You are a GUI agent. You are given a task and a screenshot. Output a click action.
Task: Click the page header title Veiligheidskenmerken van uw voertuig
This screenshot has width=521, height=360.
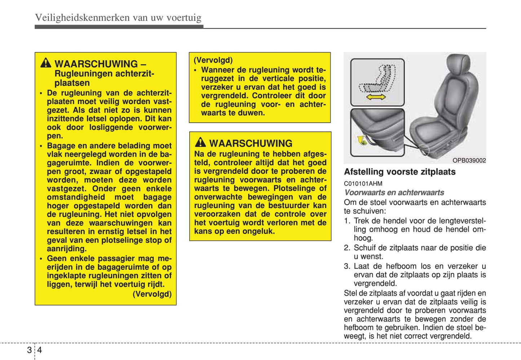pyautogui.click(x=118, y=17)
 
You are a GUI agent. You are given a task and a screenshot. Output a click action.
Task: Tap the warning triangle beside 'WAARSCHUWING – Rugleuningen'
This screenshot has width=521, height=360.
pyautogui.click(x=46, y=63)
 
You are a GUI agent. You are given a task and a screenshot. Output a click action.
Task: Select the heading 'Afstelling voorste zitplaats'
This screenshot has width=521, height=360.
pyautogui.click(x=399, y=172)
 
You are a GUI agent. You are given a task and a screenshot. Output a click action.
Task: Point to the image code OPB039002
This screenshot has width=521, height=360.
pyautogui.click(x=469, y=161)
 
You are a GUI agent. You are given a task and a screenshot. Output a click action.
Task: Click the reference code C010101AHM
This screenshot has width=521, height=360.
pyautogui.click(x=363, y=183)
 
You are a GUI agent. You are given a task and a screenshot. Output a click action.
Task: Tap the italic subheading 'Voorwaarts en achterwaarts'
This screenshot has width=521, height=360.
pyautogui.click(x=394, y=193)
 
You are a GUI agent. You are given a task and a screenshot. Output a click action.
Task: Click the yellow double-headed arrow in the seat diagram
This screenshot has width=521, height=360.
pyautogui.click(x=376, y=97)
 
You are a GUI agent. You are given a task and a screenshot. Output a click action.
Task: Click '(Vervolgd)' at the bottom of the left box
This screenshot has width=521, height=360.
pyautogui.click(x=152, y=294)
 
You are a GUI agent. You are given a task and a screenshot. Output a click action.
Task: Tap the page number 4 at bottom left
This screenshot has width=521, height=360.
pyautogui.click(x=40, y=350)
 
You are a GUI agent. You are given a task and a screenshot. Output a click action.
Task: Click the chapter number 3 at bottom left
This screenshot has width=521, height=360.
pyautogui.click(x=29, y=350)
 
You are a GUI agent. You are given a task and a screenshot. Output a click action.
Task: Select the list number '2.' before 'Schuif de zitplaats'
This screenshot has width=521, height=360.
pyautogui.click(x=347, y=248)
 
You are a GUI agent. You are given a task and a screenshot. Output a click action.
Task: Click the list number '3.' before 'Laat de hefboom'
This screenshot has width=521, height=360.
pyautogui.click(x=347, y=266)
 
